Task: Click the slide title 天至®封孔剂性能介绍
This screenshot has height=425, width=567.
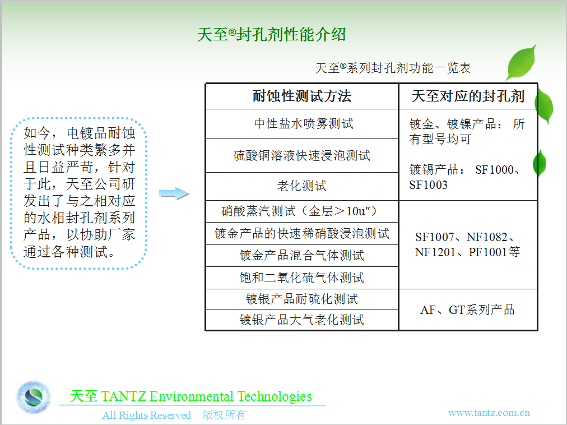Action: (x=271, y=35)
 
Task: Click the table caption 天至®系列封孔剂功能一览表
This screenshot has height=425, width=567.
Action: (x=393, y=68)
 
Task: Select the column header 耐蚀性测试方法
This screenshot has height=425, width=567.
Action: (x=302, y=96)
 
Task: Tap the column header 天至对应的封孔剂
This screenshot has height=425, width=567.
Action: (x=468, y=96)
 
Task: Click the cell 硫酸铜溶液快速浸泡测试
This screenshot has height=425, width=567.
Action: (x=302, y=156)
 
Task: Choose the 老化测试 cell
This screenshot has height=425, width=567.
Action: (x=302, y=186)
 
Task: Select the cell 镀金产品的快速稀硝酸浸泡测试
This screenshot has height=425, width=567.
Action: (x=302, y=233)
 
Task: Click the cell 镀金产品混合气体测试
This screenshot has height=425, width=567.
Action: (x=302, y=256)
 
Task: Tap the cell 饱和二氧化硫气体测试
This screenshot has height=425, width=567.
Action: (x=302, y=278)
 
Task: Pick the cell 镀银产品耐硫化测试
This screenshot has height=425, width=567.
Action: (x=302, y=299)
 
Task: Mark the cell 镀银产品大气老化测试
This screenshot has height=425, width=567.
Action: (x=302, y=320)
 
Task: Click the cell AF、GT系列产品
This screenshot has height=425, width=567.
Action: (x=468, y=310)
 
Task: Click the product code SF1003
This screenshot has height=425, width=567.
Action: (x=429, y=185)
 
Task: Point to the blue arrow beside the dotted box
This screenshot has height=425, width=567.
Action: (x=174, y=193)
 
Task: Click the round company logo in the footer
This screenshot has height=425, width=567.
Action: (x=33, y=397)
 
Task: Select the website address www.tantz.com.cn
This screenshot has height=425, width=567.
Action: (x=489, y=413)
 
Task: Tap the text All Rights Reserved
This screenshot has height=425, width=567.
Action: (x=146, y=415)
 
